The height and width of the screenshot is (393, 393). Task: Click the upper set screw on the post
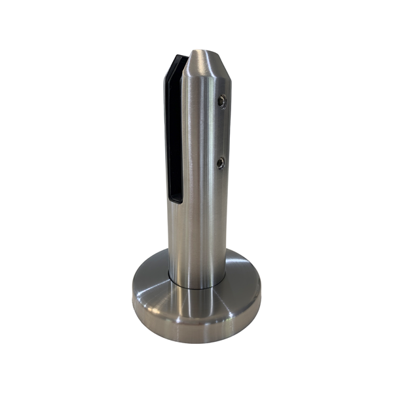[x=223, y=102]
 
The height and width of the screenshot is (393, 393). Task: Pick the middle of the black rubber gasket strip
[x=174, y=131]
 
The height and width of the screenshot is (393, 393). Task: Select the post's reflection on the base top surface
[x=196, y=298]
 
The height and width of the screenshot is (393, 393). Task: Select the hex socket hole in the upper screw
[x=223, y=102]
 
